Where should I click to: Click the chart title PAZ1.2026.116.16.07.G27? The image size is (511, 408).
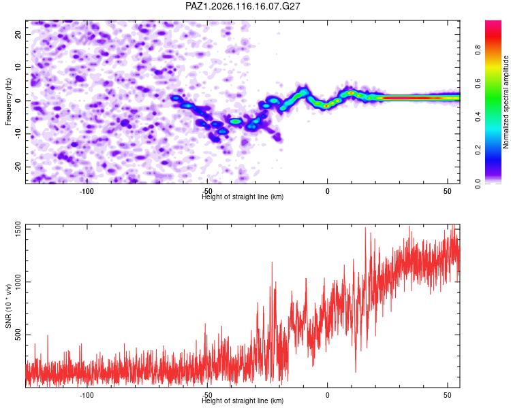(x=243, y=6)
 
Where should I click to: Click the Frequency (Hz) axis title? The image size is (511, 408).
(x=8, y=102)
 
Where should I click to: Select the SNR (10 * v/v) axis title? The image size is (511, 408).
(x=8, y=306)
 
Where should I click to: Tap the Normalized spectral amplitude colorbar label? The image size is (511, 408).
(x=506, y=102)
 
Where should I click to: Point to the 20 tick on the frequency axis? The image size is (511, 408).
(x=18, y=34)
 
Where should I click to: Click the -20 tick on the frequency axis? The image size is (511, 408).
(x=18, y=167)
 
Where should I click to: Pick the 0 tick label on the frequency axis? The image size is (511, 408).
(x=18, y=101)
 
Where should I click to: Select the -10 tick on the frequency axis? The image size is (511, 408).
(x=18, y=134)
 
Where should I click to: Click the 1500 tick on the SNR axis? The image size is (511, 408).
(x=18, y=230)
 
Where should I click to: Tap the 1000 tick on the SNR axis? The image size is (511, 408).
(x=18, y=282)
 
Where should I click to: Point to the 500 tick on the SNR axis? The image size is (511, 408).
(x=18, y=335)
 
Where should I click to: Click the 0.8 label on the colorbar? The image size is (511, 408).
(x=478, y=50)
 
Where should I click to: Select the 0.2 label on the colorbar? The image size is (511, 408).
(x=478, y=150)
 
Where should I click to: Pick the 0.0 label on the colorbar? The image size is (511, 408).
(x=478, y=184)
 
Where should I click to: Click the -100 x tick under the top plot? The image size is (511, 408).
(x=87, y=191)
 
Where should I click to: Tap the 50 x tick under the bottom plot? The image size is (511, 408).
(x=448, y=395)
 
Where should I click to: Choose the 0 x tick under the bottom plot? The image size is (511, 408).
(x=328, y=395)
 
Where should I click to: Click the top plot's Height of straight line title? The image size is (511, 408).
(x=243, y=197)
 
